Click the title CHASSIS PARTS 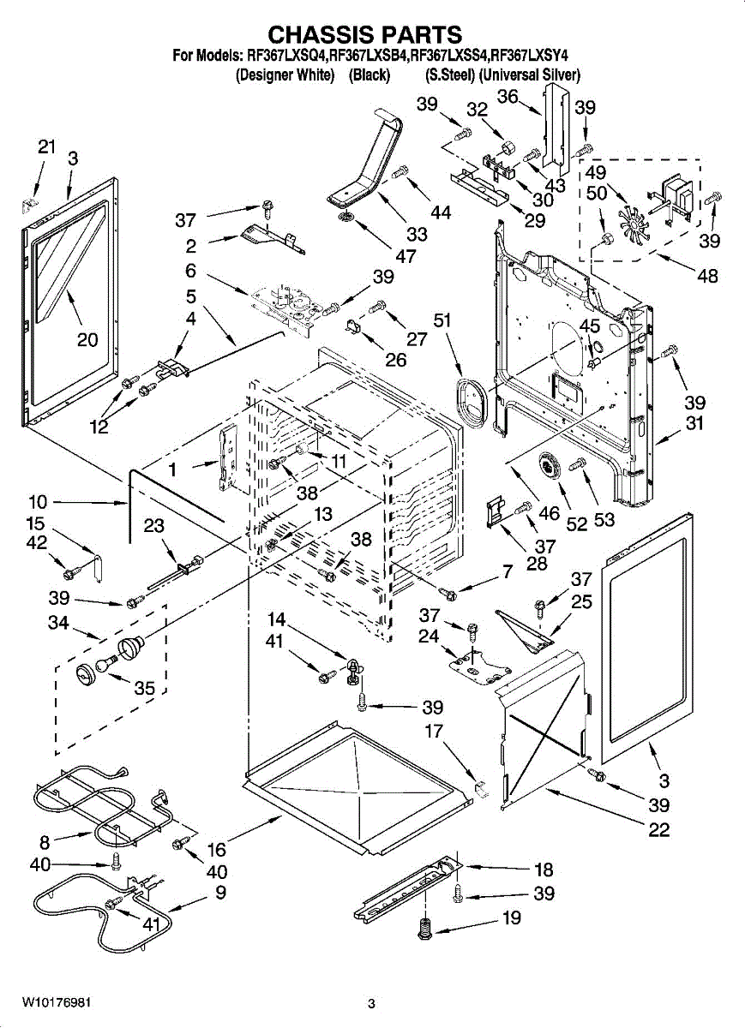[365, 34]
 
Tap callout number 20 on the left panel [87, 340]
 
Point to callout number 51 [443, 320]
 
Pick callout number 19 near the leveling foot [512, 919]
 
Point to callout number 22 [659, 829]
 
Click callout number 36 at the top [508, 97]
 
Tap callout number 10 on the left [38, 502]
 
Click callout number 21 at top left [45, 146]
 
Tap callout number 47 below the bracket [382, 255]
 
